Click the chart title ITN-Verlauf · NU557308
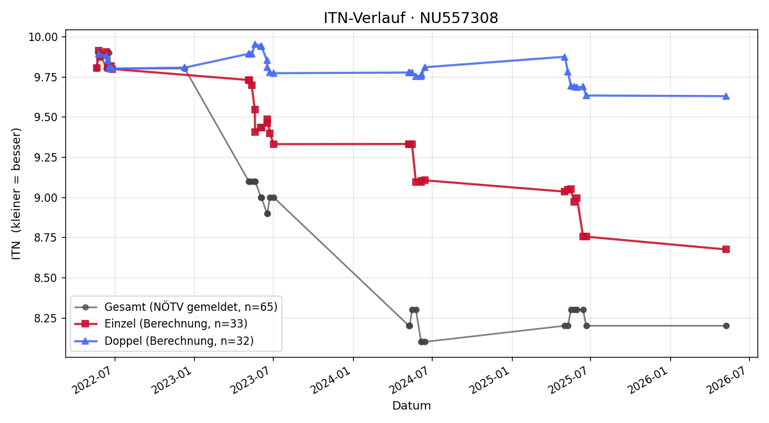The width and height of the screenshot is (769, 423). [x=411, y=18]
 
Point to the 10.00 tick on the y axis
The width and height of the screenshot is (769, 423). [x=44, y=37]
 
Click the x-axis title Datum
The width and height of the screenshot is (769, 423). [x=411, y=406]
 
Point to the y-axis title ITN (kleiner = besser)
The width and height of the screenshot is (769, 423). [x=16, y=194]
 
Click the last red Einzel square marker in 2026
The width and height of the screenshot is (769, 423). [x=725, y=249]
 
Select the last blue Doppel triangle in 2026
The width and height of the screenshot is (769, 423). [x=725, y=96]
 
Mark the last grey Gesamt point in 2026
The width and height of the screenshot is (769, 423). [x=726, y=326]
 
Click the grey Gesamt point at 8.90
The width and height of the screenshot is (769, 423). [x=267, y=213]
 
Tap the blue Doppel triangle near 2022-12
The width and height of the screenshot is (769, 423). [x=185, y=68]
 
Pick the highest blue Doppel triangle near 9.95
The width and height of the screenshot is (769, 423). [x=255, y=45]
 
